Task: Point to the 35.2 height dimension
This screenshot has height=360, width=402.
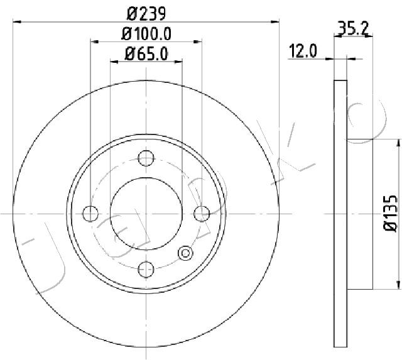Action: pos(352,28)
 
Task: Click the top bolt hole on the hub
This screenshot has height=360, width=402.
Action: pos(146,158)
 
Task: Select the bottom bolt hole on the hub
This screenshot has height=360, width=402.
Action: pos(146,269)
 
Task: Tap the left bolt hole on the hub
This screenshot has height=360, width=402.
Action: pos(90,214)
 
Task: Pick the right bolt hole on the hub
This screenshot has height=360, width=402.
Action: pos(201,214)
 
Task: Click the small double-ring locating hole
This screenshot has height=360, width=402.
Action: pos(185,253)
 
